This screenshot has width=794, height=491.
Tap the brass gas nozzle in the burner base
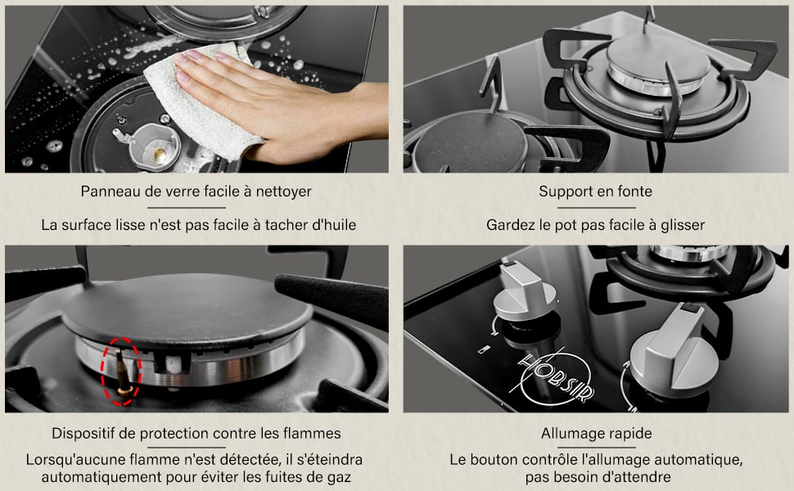click(x=159, y=153)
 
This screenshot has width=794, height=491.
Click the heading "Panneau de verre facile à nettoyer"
click(x=196, y=191)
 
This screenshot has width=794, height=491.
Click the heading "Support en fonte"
click(x=596, y=191)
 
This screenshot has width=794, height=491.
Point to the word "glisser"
click(x=683, y=225)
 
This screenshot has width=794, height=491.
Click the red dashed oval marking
click(x=121, y=372)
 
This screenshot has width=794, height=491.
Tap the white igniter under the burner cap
click(x=171, y=363)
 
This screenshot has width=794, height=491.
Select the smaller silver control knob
click(x=524, y=293)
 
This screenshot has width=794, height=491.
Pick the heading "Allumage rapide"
click(x=596, y=433)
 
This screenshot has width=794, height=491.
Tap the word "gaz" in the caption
click(x=338, y=477)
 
